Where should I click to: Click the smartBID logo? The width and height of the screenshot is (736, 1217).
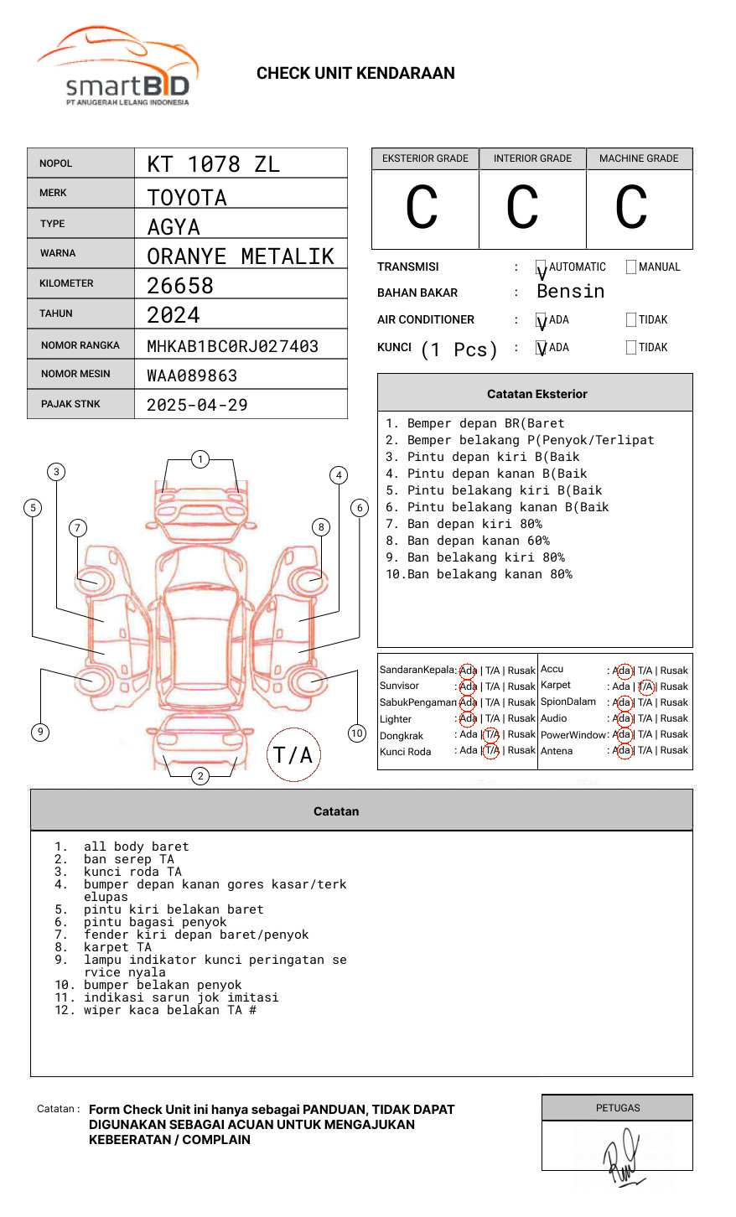(117, 67)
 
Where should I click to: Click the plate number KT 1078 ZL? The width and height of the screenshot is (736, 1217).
(213, 164)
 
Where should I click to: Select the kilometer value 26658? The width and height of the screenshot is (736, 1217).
(180, 286)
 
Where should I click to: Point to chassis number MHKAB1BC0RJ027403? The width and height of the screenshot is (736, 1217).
(232, 346)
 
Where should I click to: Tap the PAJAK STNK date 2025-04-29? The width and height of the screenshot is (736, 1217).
(197, 405)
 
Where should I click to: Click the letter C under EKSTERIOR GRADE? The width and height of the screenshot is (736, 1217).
(422, 208)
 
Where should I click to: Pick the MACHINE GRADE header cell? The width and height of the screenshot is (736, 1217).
(639, 158)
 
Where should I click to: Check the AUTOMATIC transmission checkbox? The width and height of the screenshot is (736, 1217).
(541, 267)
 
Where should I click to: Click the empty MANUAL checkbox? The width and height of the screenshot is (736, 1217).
(631, 267)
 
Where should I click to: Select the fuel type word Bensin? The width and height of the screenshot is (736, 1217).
(570, 292)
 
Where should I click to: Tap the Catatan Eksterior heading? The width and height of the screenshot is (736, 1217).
(536, 394)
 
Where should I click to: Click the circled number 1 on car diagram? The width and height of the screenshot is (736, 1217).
(200, 459)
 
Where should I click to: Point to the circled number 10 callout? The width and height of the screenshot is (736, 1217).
(357, 733)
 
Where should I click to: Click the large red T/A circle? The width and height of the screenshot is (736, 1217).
(293, 755)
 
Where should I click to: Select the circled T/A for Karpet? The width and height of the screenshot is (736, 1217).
(645, 686)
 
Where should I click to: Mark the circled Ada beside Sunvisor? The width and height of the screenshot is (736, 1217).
(468, 686)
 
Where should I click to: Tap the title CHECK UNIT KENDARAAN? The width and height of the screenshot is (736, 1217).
(355, 74)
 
